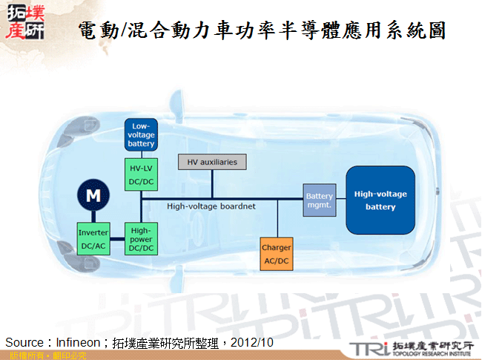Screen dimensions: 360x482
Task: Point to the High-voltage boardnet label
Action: click(211, 206)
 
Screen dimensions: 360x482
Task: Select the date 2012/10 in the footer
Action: click(252, 342)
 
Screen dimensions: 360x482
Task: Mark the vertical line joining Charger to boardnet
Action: click(277, 219)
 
